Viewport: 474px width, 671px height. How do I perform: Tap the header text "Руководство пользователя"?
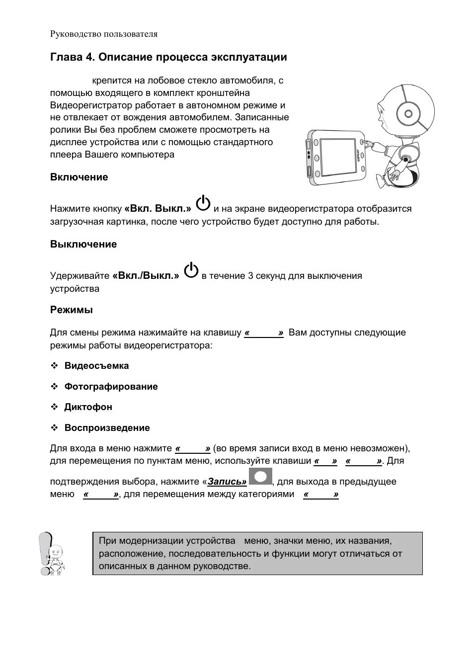coord(103,34)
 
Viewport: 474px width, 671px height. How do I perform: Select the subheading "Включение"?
coord(79,177)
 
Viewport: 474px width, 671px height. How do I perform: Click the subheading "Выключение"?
coord(83,244)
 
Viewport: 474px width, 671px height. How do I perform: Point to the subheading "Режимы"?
coord(72,310)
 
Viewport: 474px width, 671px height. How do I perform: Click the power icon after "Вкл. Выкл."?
coord(203,204)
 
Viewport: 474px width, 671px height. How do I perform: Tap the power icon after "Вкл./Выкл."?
coord(191,271)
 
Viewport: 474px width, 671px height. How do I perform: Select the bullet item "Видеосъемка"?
coord(96,366)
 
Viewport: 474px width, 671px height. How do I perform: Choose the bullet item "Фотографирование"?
coord(111,387)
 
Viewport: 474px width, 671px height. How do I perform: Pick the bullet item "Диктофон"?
coord(88,407)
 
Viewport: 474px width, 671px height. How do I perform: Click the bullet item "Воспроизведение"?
coord(107,428)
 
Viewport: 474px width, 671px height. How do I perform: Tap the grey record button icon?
coord(260,476)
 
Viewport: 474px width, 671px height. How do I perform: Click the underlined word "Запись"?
coord(227,482)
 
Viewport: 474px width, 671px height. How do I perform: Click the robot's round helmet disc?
coord(408,114)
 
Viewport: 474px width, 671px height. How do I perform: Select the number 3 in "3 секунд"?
coord(250,276)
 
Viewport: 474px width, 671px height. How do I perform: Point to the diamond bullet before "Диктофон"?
coord(54,407)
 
